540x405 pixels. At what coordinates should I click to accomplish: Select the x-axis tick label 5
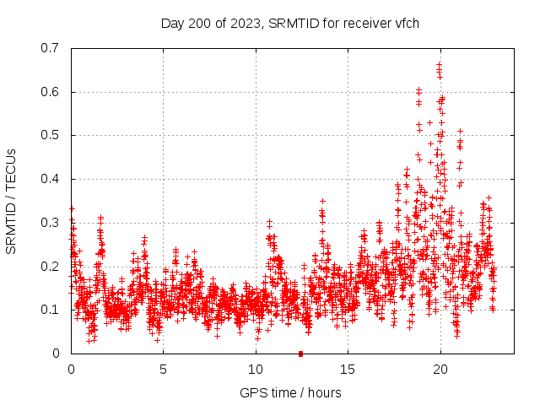click(164, 370)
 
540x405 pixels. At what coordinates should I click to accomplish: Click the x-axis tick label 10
click(256, 370)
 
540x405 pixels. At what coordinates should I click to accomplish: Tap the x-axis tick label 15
click(348, 370)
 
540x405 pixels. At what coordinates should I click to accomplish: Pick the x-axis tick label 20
click(440, 370)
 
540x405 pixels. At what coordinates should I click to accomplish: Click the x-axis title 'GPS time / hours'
click(291, 392)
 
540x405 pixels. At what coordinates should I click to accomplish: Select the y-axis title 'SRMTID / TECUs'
click(12, 201)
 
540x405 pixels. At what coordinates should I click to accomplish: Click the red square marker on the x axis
click(300, 354)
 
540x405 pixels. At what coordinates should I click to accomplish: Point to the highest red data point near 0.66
click(439, 64)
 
